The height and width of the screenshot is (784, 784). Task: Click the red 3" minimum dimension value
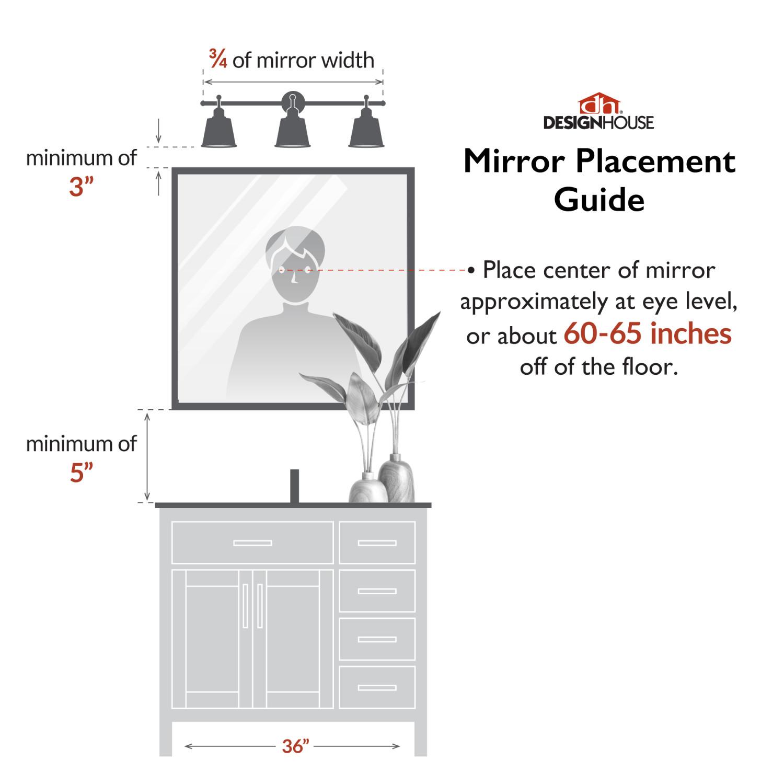pos(81,187)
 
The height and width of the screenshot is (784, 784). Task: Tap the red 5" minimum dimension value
pos(81,472)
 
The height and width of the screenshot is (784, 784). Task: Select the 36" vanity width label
pos(295,746)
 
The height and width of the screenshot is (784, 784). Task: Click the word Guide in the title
pos(599,200)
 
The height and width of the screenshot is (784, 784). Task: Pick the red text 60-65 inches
pos(648,333)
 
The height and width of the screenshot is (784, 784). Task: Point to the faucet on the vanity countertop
pos(294,486)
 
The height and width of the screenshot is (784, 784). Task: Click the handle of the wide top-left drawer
pos(252,543)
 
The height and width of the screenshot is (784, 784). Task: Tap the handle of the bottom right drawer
pos(377,687)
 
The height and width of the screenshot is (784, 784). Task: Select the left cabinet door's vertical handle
pos(245,606)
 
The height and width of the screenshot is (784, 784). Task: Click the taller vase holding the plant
pos(396,478)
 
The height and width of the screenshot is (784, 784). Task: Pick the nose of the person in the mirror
pos(294,278)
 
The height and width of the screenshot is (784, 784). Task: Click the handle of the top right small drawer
pos(377,543)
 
